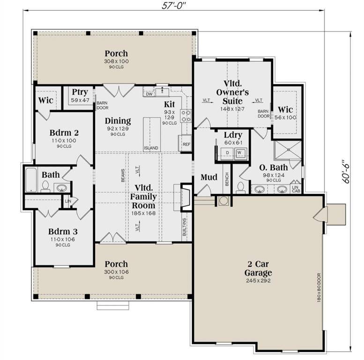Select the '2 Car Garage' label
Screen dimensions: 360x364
[258, 269]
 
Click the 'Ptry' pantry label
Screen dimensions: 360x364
[80, 92]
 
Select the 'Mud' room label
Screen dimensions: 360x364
[208, 177]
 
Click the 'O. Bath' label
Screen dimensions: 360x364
[274, 167]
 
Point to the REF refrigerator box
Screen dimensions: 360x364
[186, 144]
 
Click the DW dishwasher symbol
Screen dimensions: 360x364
[149, 94]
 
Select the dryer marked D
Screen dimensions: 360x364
[227, 153]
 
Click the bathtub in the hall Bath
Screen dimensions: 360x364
[30, 180]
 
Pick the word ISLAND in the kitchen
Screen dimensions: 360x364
[151, 148]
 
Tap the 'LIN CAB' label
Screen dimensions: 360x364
[296, 188]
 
